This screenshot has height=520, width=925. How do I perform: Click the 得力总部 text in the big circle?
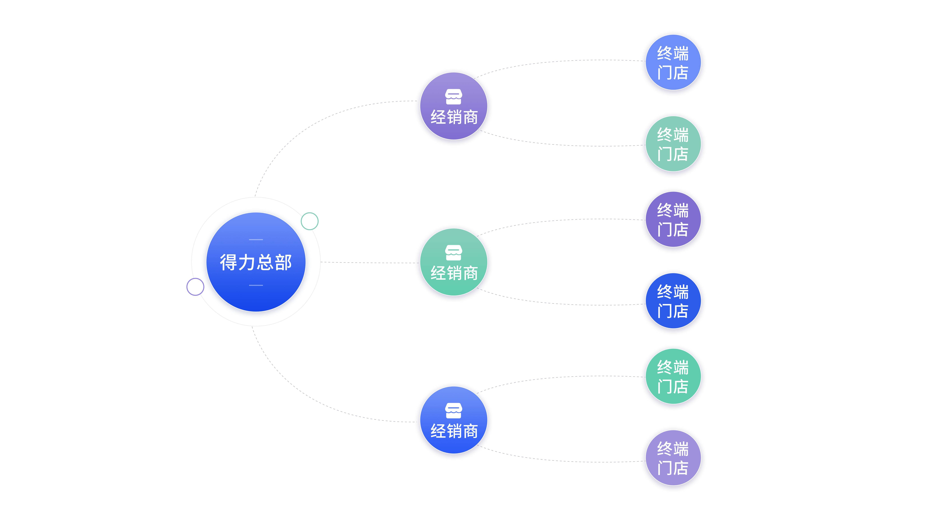(x=256, y=262)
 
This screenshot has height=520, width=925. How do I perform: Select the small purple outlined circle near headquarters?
(x=195, y=287)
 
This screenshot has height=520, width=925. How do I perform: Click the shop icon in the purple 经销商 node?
(x=454, y=96)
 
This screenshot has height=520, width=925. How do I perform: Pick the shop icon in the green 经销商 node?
(x=454, y=253)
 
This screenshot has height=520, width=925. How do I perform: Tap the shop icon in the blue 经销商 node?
(x=454, y=411)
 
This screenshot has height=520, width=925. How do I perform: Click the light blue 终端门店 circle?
(x=673, y=62)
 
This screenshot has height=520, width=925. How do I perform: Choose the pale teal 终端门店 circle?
(x=673, y=144)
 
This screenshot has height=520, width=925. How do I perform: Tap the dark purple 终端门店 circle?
(x=673, y=219)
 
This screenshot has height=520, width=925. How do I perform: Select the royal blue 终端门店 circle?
(x=673, y=301)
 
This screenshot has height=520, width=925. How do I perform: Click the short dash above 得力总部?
(x=256, y=239)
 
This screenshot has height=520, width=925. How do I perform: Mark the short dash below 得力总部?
(x=256, y=285)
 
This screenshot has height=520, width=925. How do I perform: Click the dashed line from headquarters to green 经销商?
(x=370, y=263)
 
